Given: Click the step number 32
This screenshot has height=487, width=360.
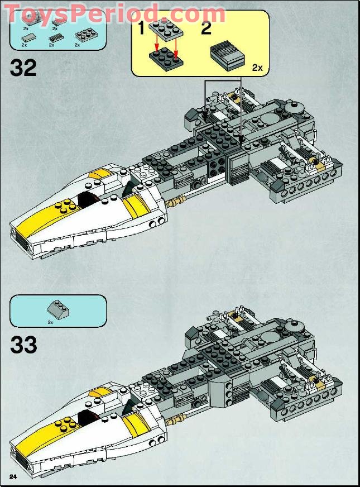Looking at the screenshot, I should click(x=23, y=68).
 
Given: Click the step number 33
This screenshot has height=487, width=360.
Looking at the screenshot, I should click(x=23, y=344).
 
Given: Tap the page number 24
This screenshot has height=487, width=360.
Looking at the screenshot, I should click(x=13, y=475).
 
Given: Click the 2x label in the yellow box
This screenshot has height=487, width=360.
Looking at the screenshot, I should click(x=257, y=68).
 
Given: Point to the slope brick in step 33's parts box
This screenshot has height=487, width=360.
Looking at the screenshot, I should click(x=57, y=307).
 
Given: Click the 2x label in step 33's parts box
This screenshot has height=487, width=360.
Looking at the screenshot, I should click(x=50, y=322).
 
